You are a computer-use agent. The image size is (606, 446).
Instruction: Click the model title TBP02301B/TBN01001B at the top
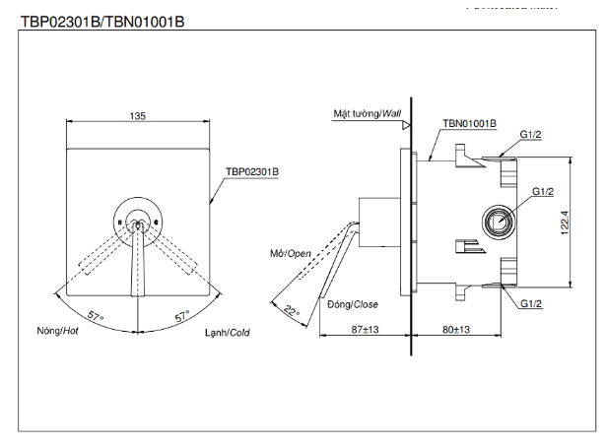101,21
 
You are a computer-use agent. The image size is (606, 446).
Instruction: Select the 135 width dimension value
138,116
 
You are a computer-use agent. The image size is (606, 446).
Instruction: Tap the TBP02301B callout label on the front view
252,170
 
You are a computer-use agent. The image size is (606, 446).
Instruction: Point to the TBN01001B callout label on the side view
470,124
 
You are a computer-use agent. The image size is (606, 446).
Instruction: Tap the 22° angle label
290,310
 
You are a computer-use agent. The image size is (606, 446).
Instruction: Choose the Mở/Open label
291,253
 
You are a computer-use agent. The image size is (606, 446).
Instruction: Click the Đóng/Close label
353,304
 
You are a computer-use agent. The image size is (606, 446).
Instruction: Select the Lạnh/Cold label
227,332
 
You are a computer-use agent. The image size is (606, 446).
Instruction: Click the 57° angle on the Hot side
95,316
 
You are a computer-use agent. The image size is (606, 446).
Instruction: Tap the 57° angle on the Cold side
181,316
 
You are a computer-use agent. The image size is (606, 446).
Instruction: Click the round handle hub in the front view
138,223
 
